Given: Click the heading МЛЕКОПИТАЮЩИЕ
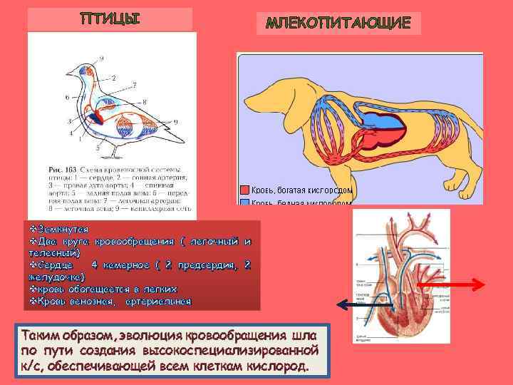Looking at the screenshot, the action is click(338, 23).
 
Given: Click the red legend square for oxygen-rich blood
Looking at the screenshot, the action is click(244, 190).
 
